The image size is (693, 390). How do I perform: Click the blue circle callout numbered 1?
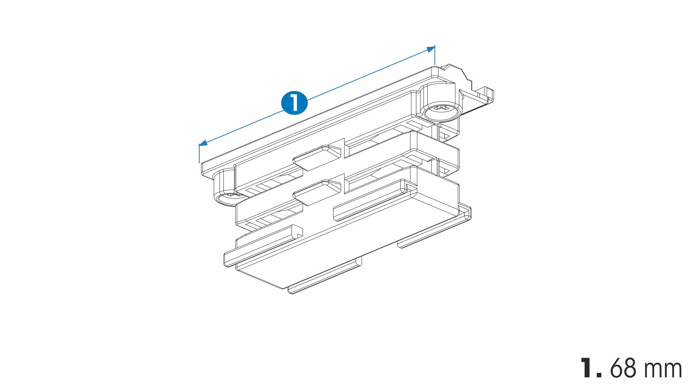coord(294,103)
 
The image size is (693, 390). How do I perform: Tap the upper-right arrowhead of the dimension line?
coord(431,49)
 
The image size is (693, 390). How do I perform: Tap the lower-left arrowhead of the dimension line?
coord(203,143)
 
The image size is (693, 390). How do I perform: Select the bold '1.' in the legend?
coord(592,368)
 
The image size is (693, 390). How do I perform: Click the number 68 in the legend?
coord(626,368)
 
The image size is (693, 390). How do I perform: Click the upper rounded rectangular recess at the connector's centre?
coord(317,159)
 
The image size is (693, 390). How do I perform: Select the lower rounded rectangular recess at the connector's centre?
coord(317,192)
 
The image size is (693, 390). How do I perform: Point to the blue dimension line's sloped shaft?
coord(317,96)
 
